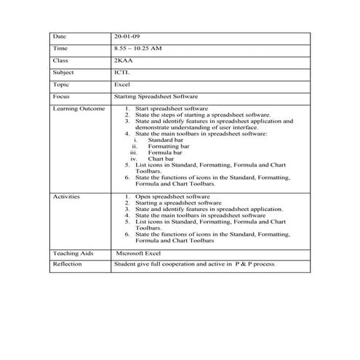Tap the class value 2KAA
pyautogui.click(x=124, y=60)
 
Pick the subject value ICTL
pyautogui.click(x=122, y=73)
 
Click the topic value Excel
pyautogui.click(x=122, y=85)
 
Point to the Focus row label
pyautogui.click(x=61, y=97)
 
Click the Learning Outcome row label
pyautogui.click(x=79, y=109)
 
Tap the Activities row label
pyautogui.click(x=67, y=196)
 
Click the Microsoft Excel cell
pyautogui.click(x=143, y=252)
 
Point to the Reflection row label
pyautogui.click(x=68, y=264)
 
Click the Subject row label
pyautogui.click(x=63, y=73)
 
